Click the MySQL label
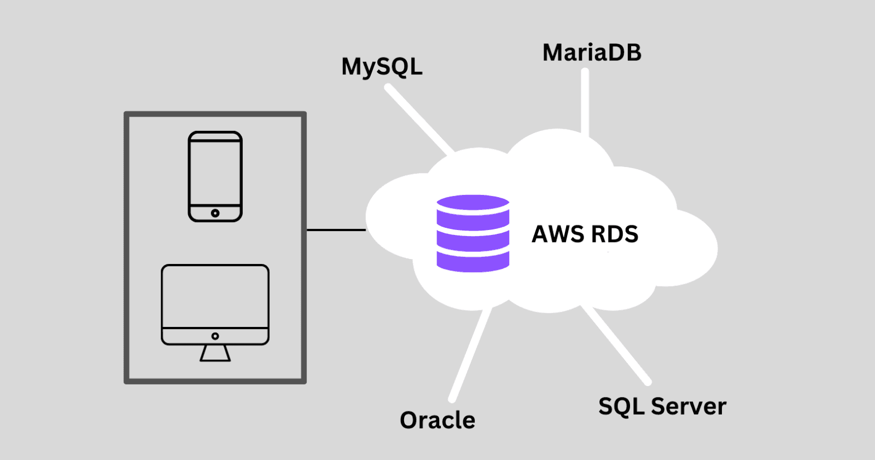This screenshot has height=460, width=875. pyautogui.click(x=382, y=67)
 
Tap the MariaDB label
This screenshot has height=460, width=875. pyautogui.click(x=592, y=53)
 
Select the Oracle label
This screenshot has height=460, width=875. pyautogui.click(x=437, y=421)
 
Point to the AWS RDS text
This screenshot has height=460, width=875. pyautogui.click(x=585, y=234)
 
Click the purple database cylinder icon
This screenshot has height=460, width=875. pyautogui.click(x=473, y=234)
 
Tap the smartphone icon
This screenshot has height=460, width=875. pyautogui.click(x=215, y=176)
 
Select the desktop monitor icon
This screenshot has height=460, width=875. pyautogui.click(x=215, y=304)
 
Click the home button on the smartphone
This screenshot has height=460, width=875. pyautogui.click(x=215, y=213)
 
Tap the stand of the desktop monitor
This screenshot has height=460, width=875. pyautogui.click(x=215, y=353)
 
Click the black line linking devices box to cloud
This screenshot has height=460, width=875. pyautogui.click(x=336, y=230)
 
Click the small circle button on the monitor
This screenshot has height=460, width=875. pyautogui.click(x=215, y=336)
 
